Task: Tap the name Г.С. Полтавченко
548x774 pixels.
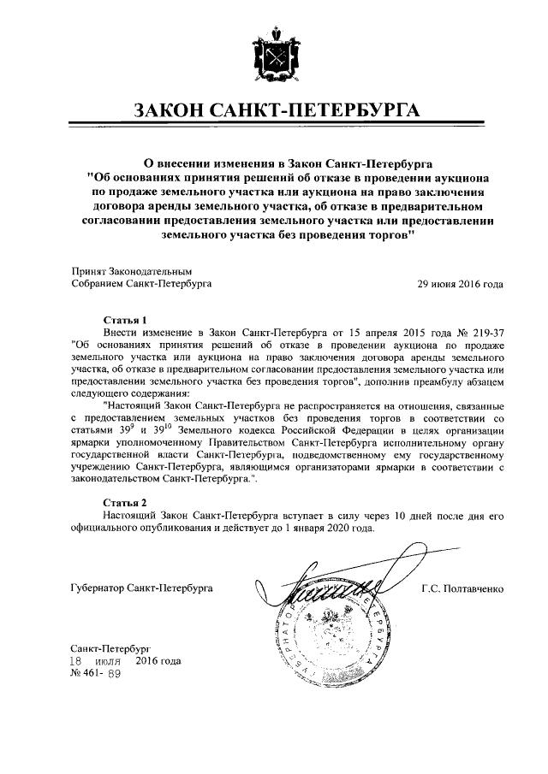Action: (462, 588)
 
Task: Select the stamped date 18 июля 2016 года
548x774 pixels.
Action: (127, 661)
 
